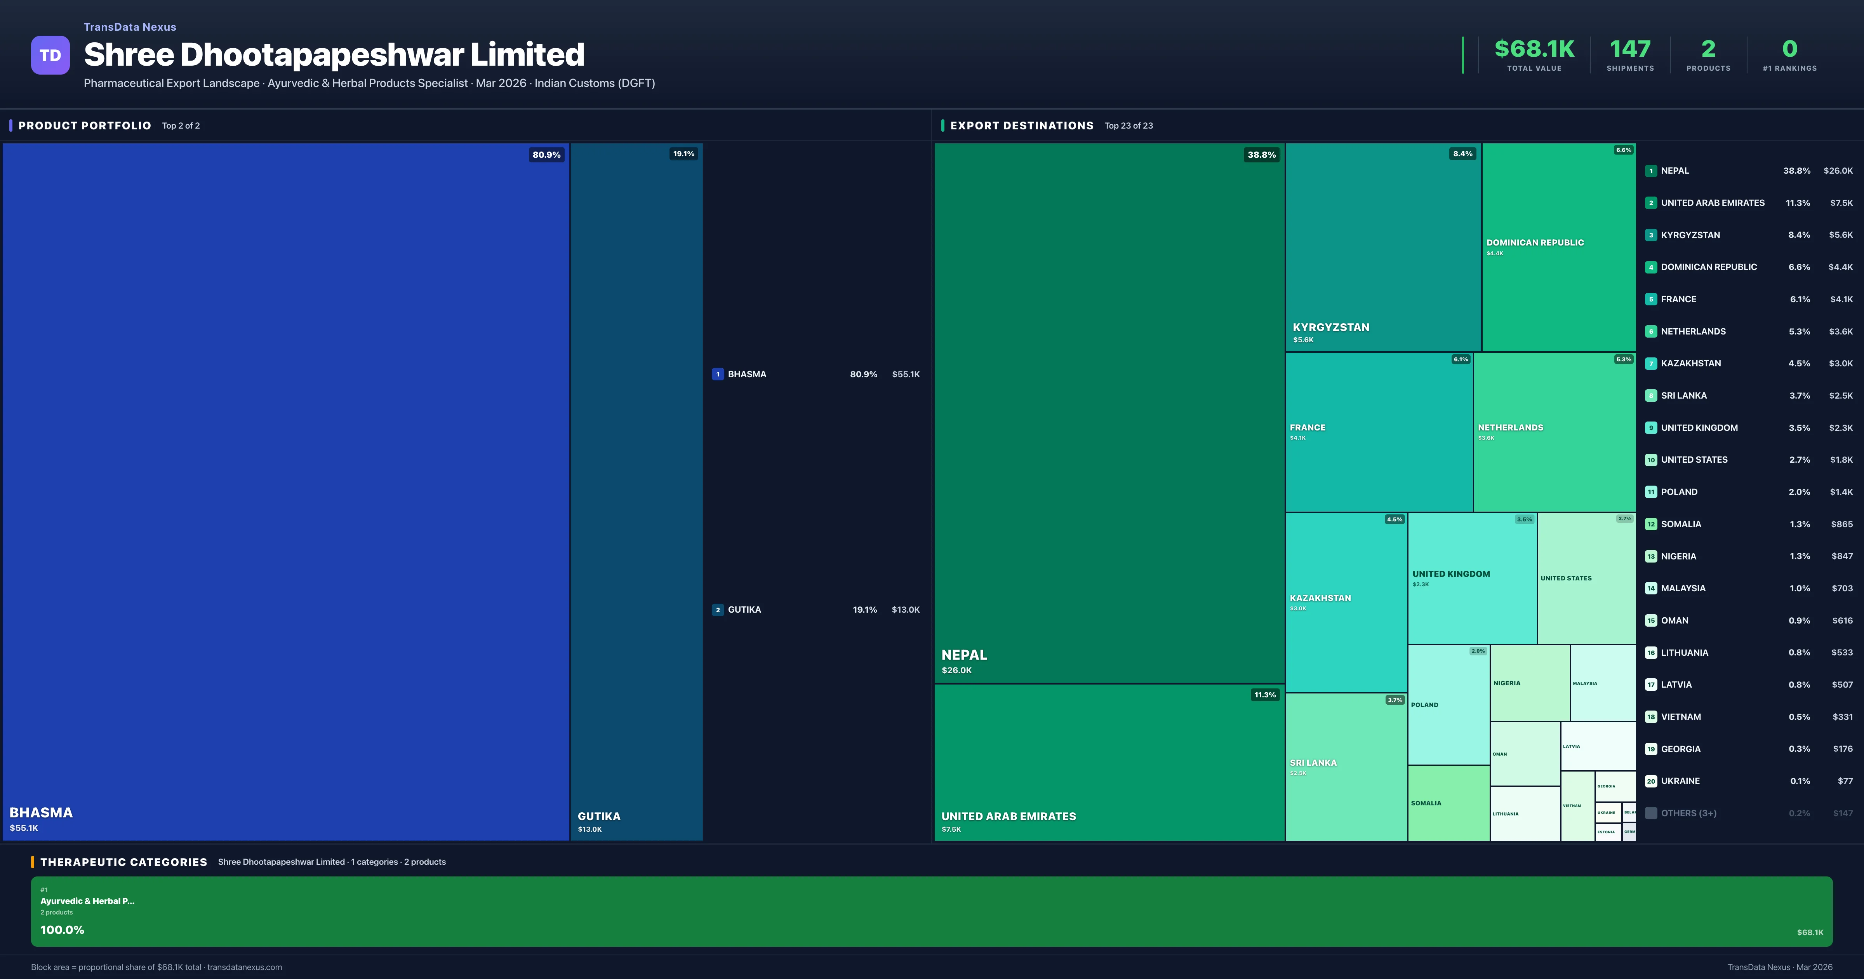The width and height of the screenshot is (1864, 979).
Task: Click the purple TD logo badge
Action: click(x=50, y=55)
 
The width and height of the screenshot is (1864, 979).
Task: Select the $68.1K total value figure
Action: click(x=1534, y=49)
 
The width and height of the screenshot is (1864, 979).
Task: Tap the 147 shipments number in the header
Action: click(x=1629, y=49)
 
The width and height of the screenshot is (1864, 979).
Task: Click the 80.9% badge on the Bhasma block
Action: click(x=546, y=154)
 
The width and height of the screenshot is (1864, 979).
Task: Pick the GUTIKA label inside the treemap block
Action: click(x=598, y=816)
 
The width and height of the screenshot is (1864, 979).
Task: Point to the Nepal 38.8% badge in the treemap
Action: click(x=1261, y=154)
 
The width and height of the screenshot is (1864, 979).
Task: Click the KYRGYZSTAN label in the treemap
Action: click(x=1331, y=327)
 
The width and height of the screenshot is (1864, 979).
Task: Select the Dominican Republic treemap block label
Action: click(x=1535, y=242)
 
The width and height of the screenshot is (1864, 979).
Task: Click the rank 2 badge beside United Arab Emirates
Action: click(x=1650, y=203)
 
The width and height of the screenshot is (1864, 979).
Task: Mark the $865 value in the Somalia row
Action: click(x=1841, y=524)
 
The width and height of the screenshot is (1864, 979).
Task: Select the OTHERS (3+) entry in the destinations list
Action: click(x=1688, y=813)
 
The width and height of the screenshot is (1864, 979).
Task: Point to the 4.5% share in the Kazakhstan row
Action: click(x=1799, y=364)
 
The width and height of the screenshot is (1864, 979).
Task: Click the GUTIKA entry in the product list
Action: click(x=744, y=610)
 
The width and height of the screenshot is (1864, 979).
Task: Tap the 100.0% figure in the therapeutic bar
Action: click(x=62, y=930)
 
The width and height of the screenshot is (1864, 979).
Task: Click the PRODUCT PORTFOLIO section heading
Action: click(x=85, y=125)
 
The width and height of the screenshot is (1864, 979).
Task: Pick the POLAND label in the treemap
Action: click(x=1424, y=705)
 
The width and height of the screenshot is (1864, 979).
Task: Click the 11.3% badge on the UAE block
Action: click(x=1265, y=694)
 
